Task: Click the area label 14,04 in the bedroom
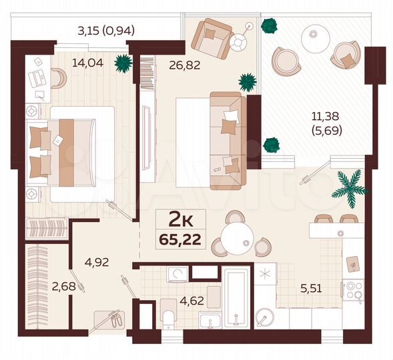[85, 64]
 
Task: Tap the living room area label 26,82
[168, 67]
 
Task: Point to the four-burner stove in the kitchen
[353, 289]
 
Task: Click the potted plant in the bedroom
[123, 63]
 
